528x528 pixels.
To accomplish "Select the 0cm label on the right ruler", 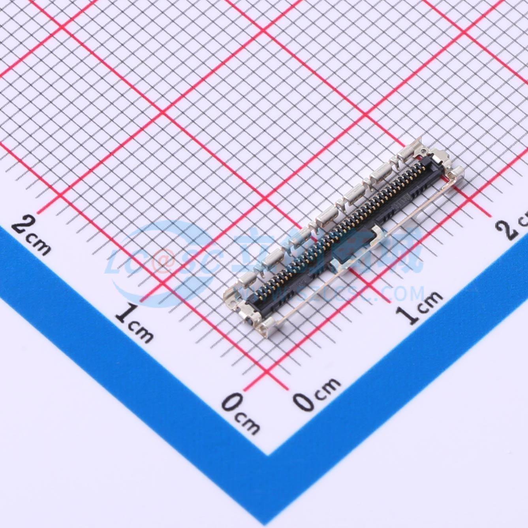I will [316, 391].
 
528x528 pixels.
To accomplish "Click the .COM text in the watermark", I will [399, 294].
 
